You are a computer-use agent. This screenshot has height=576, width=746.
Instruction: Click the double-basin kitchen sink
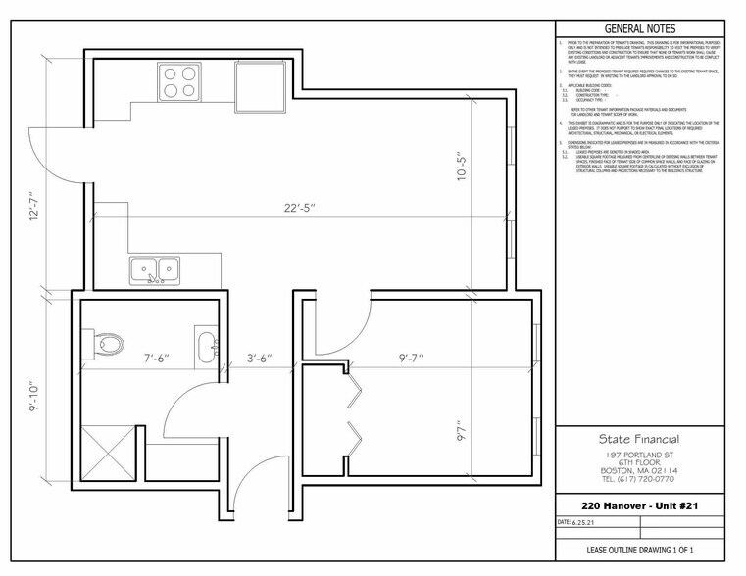(155, 268)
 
